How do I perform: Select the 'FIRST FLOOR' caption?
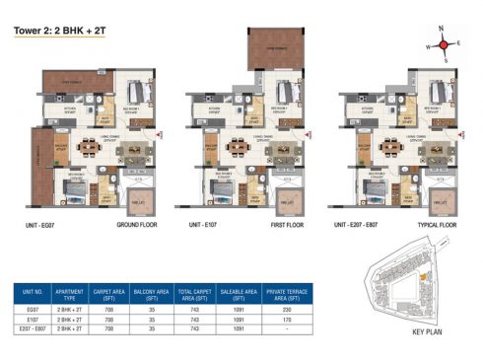pyautogui.click(x=286, y=225)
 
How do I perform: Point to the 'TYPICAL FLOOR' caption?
pyautogui.click(x=438, y=225)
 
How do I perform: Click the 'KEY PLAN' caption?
pyautogui.click(x=430, y=333)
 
